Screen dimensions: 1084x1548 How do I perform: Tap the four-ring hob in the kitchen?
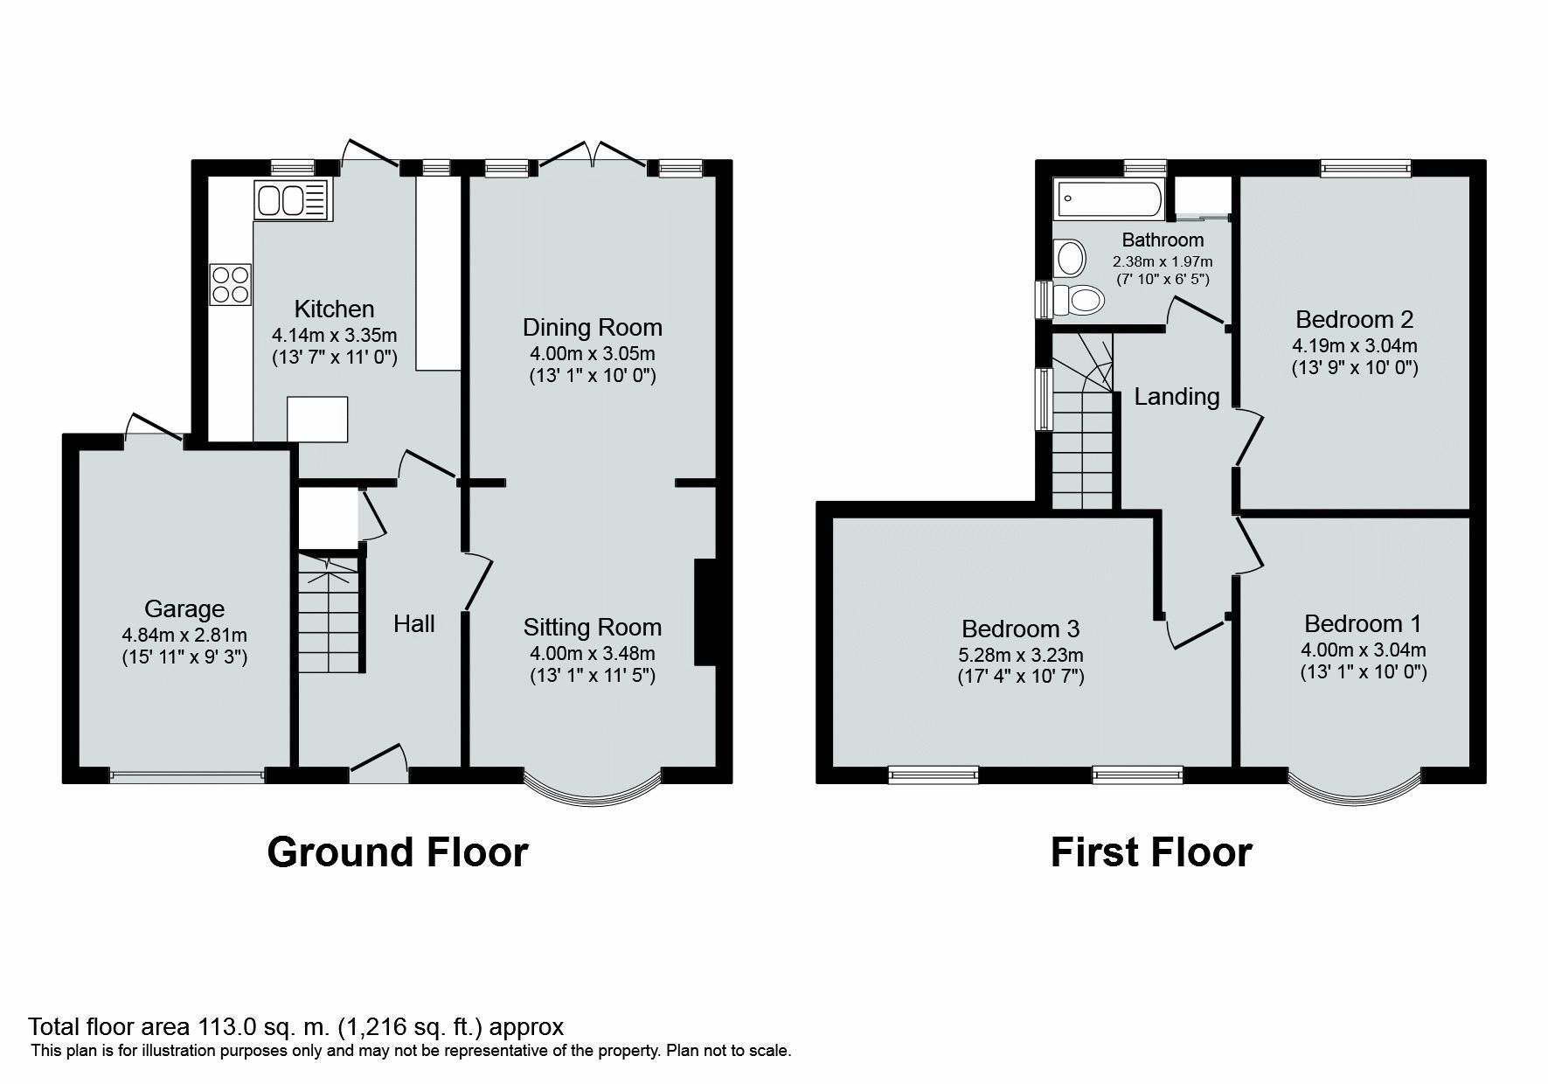click(x=231, y=284)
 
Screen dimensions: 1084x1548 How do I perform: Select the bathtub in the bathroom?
click(x=1109, y=199)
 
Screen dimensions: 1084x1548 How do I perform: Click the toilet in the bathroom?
click(x=1079, y=300)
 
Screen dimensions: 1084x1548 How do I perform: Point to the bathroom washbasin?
click(x=1069, y=258)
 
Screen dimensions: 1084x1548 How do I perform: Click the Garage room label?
click(x=184, y=608)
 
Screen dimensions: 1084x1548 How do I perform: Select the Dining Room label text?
click(x=592, y=328)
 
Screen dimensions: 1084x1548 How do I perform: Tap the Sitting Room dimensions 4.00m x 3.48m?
click(x=592, y=653)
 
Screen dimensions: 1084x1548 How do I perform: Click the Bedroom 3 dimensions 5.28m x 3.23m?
click(x=1020, y=655)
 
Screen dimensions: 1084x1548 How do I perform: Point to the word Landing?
click(x=1177, y=397)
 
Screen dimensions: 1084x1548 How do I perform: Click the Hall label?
click(x=413, y=623)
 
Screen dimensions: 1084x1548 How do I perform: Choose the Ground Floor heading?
click(x=397, y=851)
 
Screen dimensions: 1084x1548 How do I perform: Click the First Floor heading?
click(x=1150, y=851)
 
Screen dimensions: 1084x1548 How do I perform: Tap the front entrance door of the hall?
click(x=378, y=761)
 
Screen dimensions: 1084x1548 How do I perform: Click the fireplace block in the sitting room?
click(x=705, y=613)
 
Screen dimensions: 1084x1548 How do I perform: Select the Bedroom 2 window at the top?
click(x=1364, y=168)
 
